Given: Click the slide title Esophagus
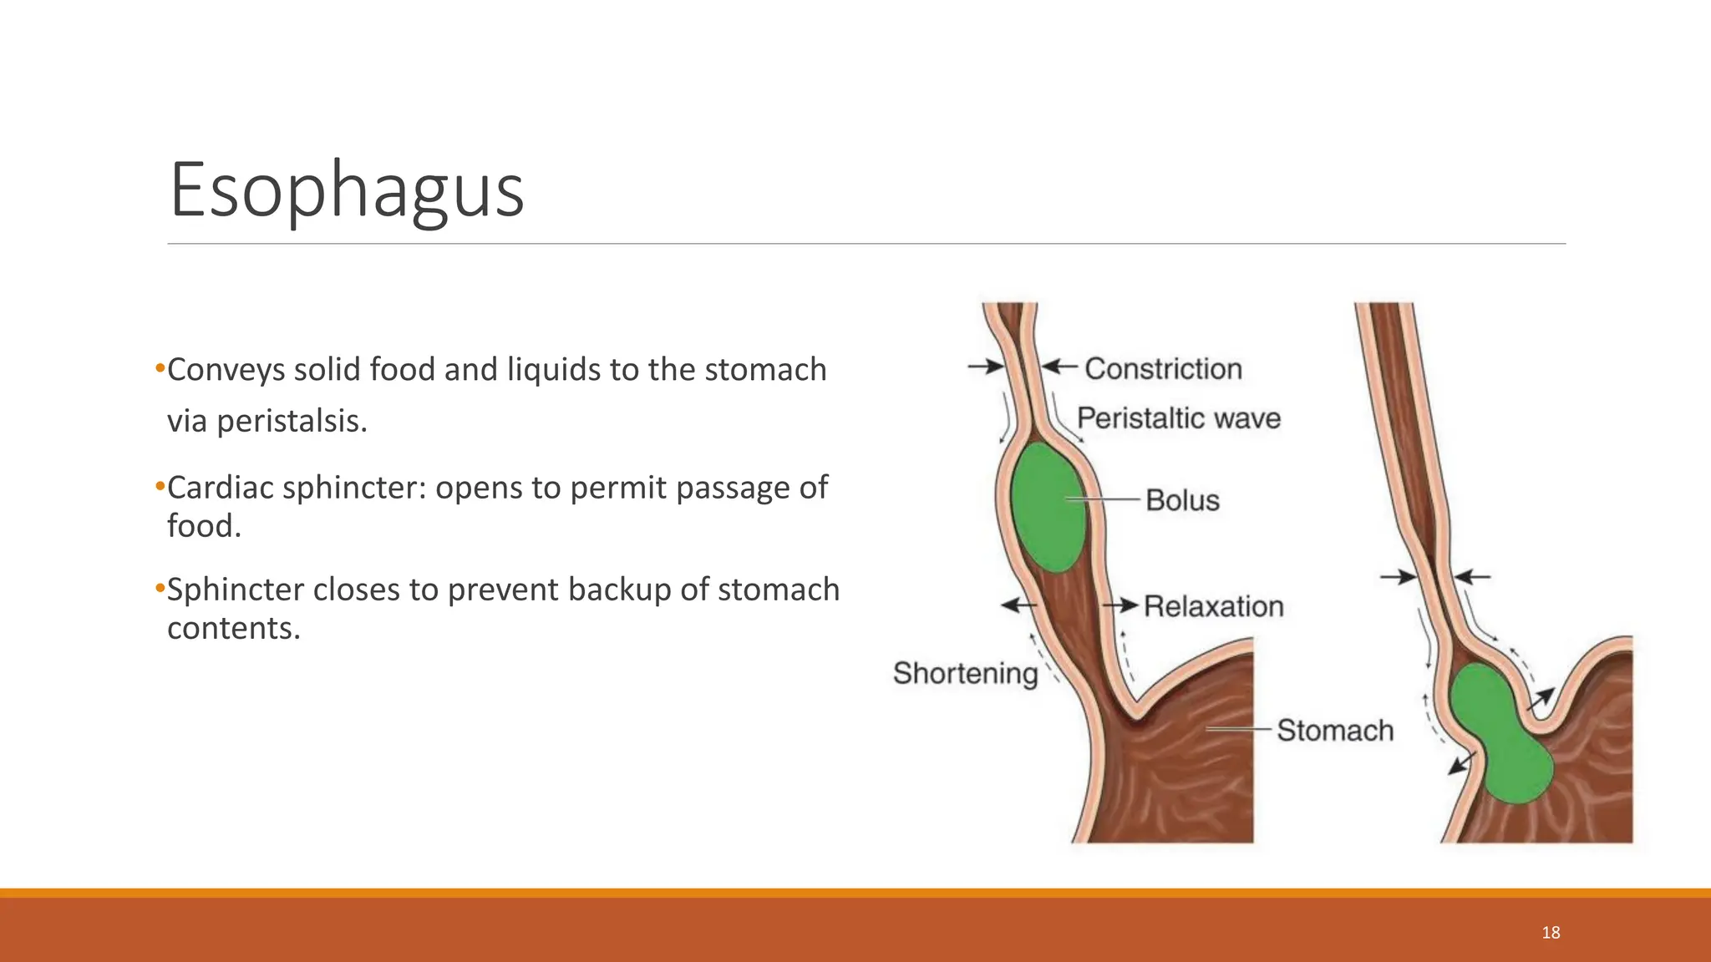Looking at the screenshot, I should click(x=347, y=190).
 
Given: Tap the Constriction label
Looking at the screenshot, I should click(x=1163, y=368).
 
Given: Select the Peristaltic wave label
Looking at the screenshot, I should click(x=1178, y=418).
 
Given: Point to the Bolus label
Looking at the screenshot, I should click(x=1182, y=500).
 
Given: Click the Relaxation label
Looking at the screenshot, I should click(x=1213, y=606).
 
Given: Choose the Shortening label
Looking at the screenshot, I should click(x=965, y=673).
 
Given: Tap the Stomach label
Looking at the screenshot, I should click(x=1335, y=730).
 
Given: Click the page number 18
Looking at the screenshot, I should click(x=1551, y=933).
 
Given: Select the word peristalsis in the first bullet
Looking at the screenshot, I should click(x=292, y=421).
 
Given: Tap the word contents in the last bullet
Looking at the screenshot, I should click(x=233, y=628).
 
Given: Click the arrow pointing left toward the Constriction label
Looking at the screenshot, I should click(x=1059, y=366).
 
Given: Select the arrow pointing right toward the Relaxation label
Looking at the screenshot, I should click(x=1121, y=605).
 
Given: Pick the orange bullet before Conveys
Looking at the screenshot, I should click(x=160, y=369).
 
